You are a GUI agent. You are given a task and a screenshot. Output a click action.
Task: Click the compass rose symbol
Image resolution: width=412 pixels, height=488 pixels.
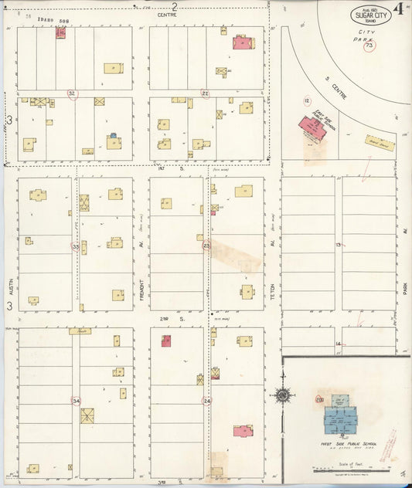tap(283, 396)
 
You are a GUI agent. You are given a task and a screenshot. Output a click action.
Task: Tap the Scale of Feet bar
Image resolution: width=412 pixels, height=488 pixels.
tap(352, 469)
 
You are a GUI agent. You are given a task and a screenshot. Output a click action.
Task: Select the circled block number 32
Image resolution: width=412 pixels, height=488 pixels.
tap(73, 93)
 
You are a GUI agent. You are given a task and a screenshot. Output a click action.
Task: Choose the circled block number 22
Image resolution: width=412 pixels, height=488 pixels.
tap(206, 93)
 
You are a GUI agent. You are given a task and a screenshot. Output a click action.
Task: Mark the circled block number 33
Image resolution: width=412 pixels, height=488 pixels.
tap(76, 247)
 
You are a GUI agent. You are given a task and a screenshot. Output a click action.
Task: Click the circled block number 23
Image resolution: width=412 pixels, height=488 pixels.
tap(206, 246)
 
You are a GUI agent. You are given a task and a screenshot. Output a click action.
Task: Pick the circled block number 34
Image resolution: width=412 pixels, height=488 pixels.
tap(76, 401)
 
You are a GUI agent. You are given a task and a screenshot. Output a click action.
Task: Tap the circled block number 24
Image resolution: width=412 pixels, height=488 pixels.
tap(206, 401)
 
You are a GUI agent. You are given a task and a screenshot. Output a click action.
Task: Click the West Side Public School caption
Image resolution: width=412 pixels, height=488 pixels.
tap(341, 445)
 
